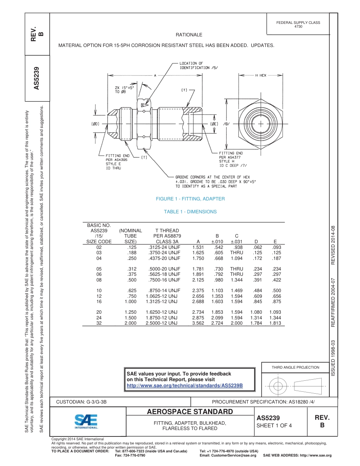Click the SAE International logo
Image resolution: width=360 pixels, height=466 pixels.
pyautogui.click(x=86, y=421)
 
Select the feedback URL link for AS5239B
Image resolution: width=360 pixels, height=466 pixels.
pyautogui.click(x=184, y=386)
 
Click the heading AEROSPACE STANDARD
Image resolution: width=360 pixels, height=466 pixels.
pyautogui.click(x=190, y=412)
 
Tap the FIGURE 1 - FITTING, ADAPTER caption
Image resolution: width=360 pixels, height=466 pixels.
pyautogui.click(x=190, y=199)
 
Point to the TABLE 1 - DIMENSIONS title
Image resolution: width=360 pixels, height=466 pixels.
pyautogui.click(x=190, y=212)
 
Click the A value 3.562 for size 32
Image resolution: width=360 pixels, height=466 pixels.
pyautogui.click(x=198, y=323)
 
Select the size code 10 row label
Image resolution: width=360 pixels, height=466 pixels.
pyautogui.click(x=99, y=291)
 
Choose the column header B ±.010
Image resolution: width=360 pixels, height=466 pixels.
pyautogui.click(x=217, y=238)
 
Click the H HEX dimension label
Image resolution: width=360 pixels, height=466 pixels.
pyautogui.click(x=261, y=75)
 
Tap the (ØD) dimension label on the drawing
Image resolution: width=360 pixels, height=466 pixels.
pyautogui.click(x=95, y=124)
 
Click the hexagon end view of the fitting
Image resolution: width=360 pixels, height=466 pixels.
pyautogui.click(x=261, y=123)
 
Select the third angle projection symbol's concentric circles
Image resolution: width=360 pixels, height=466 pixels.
pyautogui.click(x=278, y=386)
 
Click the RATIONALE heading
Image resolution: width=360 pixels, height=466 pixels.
pyautogui.click(x=189, y=35)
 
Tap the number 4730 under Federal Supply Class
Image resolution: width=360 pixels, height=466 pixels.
pyautogui.click(x=298, y=27)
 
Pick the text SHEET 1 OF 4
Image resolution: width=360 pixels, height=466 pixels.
pyautogui.click(x=274, y=425)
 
